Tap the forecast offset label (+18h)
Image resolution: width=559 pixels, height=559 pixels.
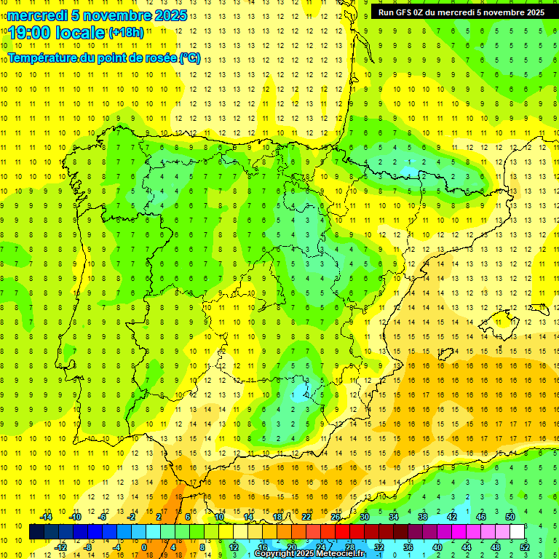(126, 33)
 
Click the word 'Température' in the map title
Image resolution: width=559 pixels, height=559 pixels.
(43, 58)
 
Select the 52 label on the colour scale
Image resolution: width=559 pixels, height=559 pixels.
(525, 547)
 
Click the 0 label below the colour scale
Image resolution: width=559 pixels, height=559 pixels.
(145, 547)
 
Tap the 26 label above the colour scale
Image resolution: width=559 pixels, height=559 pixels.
(336, 516)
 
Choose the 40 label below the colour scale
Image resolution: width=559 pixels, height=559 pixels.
(437, 547)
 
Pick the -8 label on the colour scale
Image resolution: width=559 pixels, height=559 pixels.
(88, 547)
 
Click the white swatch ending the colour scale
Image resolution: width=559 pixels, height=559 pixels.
(517, 532)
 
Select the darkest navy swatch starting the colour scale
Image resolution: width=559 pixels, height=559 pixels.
(36, 532)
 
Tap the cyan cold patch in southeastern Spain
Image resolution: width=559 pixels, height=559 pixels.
(298, 395)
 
